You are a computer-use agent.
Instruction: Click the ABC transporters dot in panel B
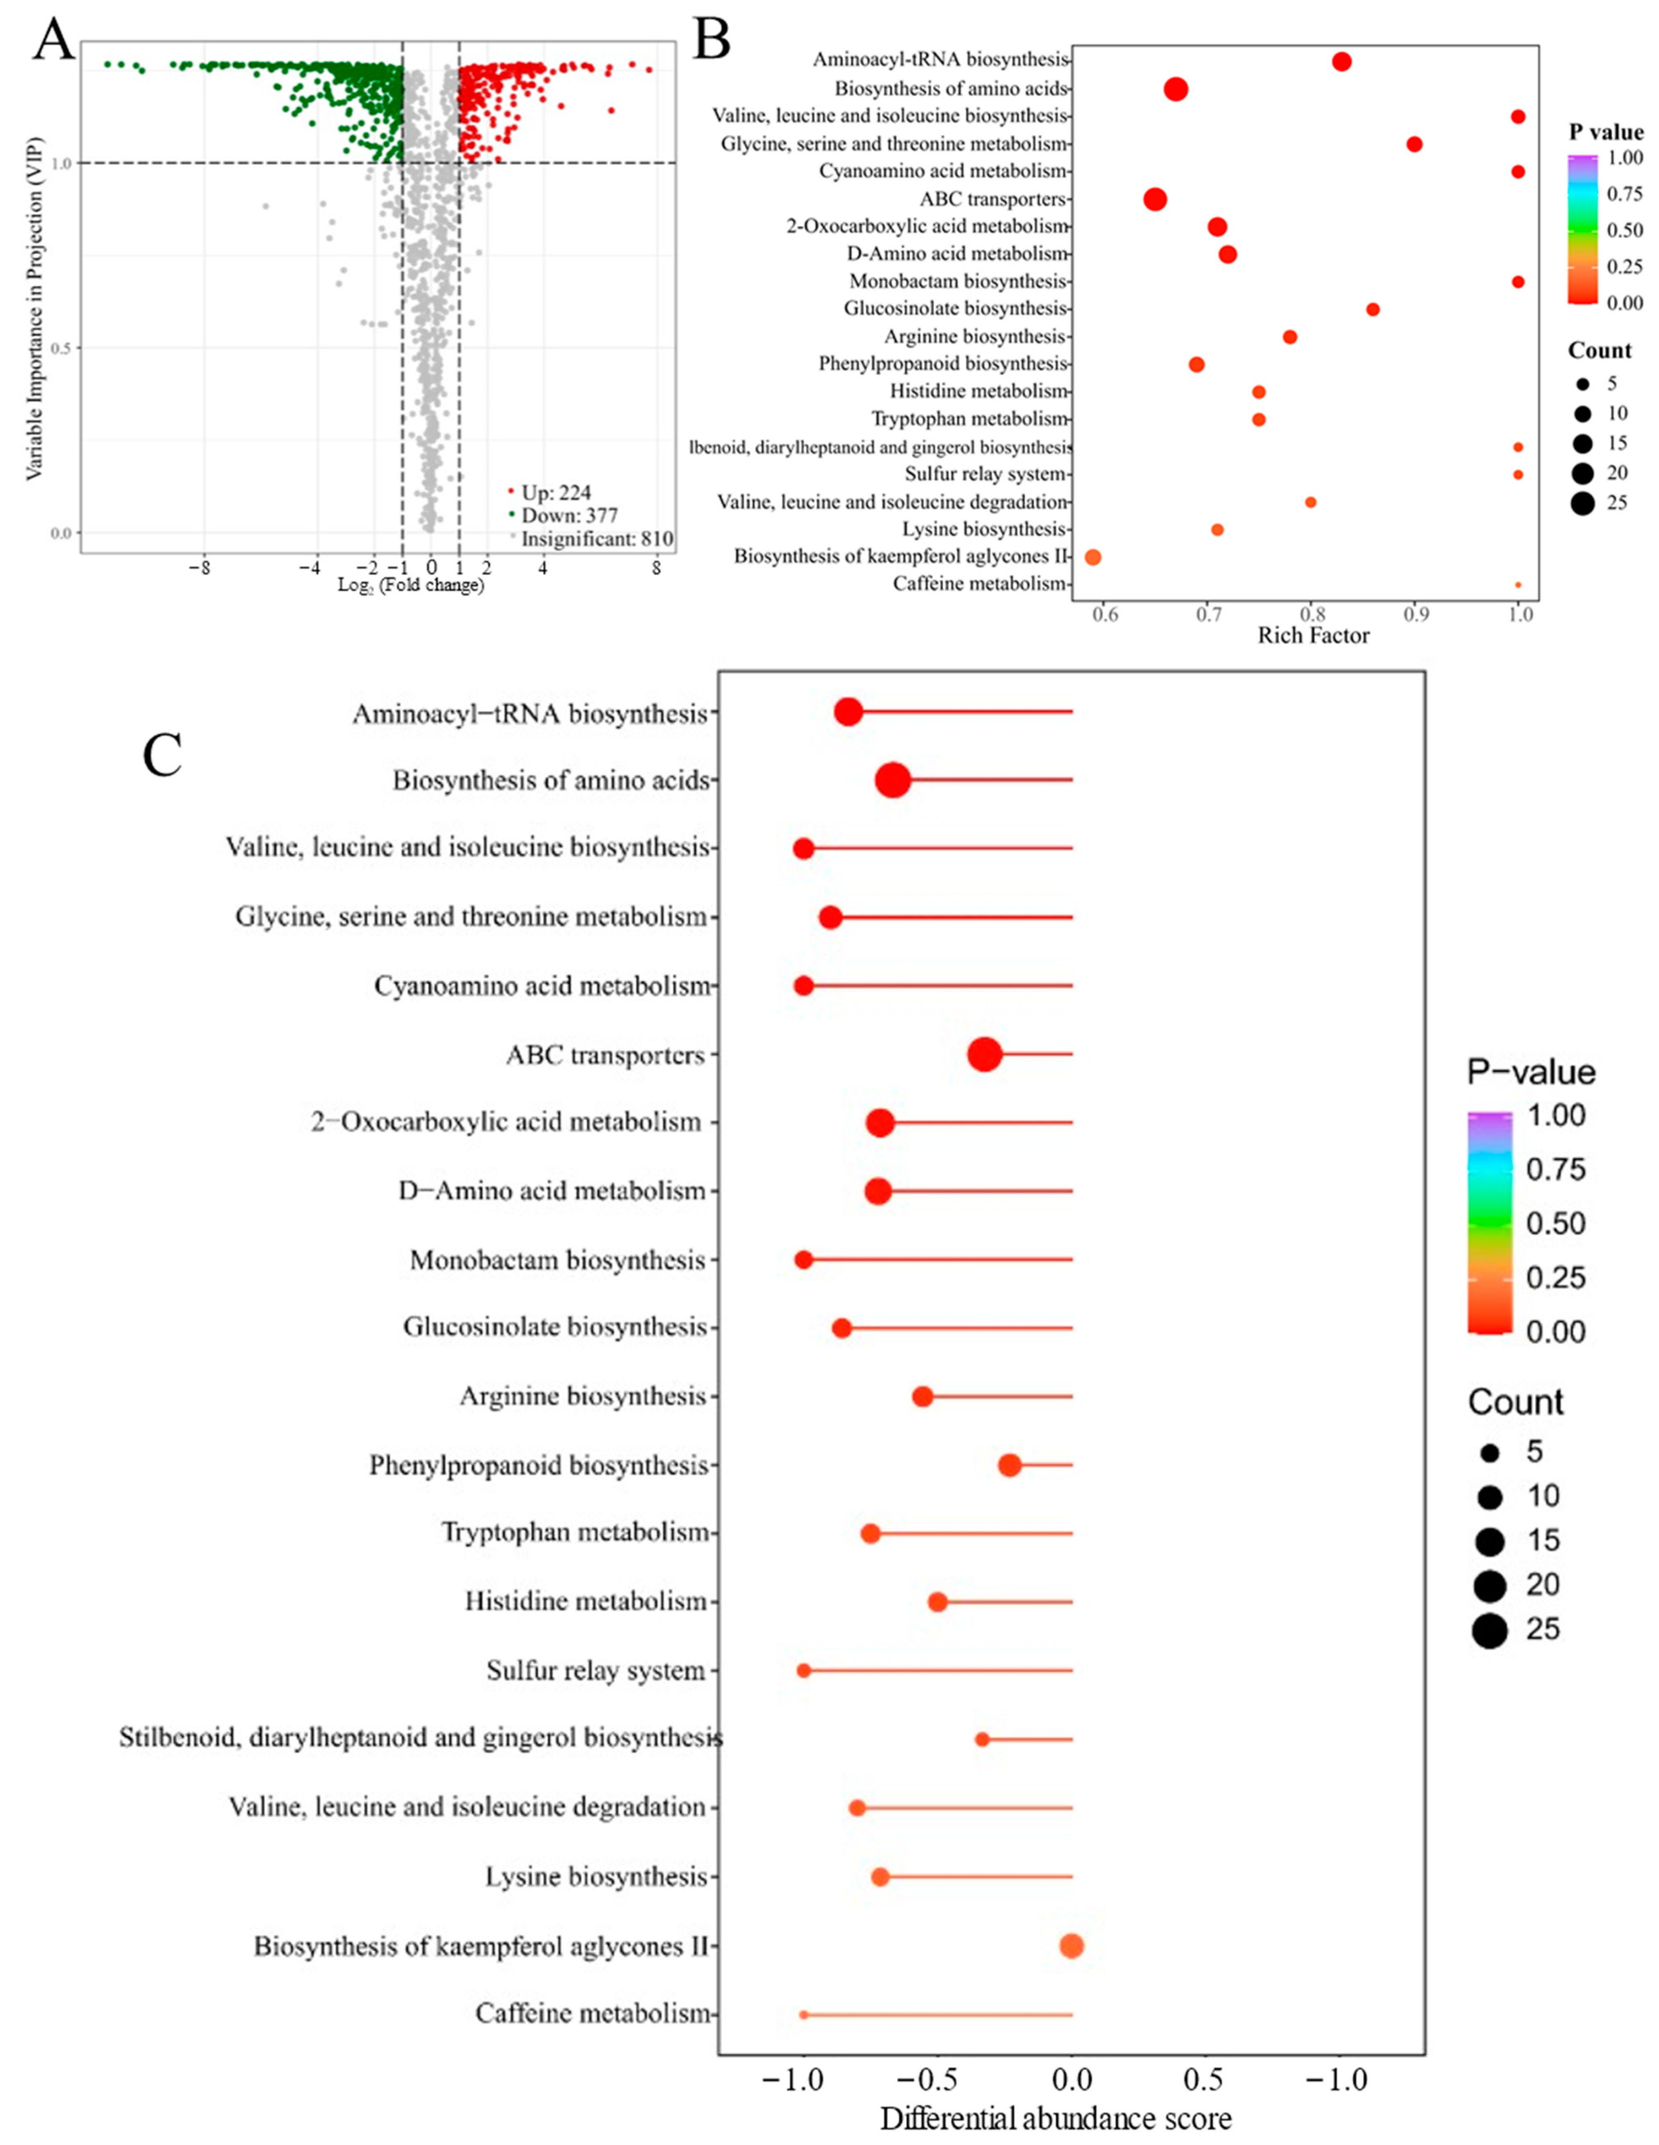1155,200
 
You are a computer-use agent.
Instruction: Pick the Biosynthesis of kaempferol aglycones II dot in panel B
1092,557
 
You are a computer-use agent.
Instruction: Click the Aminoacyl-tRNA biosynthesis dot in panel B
1342,62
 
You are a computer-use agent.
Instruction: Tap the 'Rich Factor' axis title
1313,636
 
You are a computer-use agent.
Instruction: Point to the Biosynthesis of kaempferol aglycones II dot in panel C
1072,1945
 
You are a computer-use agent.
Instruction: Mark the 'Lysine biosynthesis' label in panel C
595,1877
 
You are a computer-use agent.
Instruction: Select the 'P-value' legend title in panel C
1531,1072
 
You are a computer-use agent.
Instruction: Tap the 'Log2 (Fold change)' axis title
411,586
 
